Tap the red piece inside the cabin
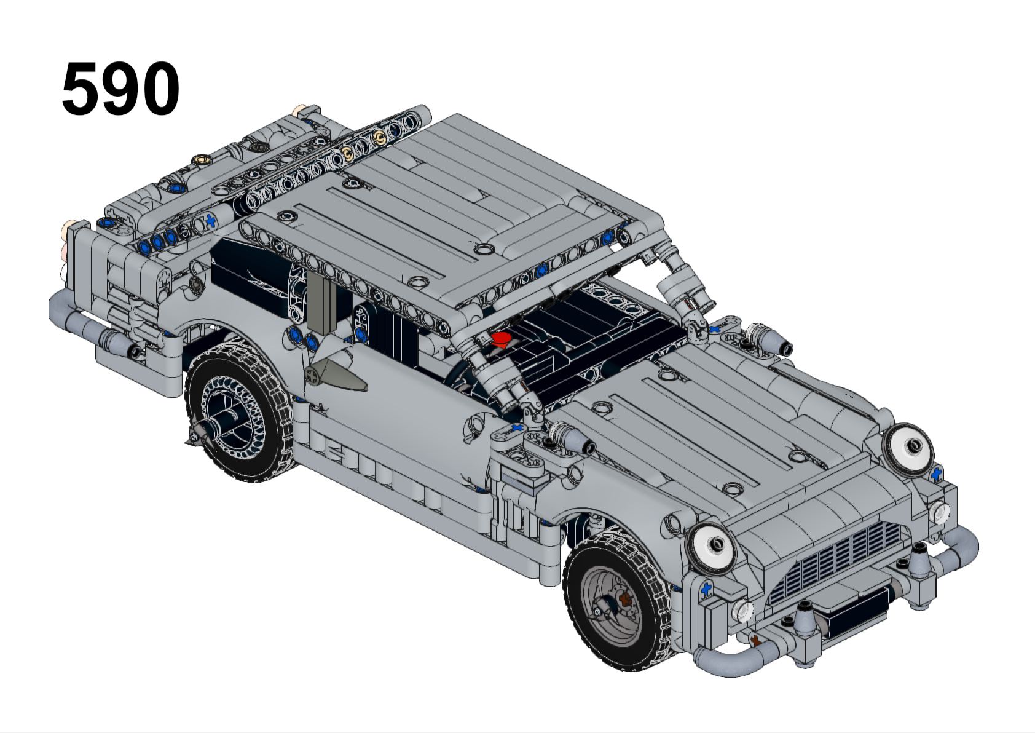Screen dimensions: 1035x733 tap(499, 339)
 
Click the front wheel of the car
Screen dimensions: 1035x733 tap(617, 601)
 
